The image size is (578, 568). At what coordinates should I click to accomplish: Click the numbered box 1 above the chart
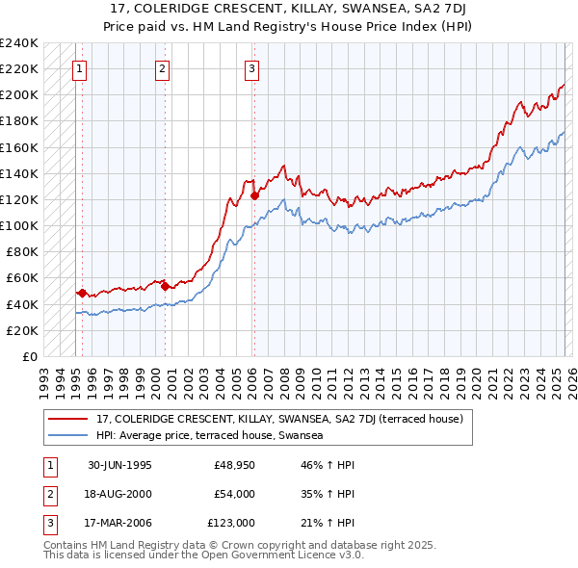tap(77, 68)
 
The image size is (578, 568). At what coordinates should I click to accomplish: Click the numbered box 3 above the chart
tap(250, 68)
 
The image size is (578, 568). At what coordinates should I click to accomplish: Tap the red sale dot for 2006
tap(254, 195)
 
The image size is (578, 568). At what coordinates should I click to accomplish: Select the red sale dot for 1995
tap(83, 292)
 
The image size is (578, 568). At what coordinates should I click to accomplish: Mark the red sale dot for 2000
tap(165, 285)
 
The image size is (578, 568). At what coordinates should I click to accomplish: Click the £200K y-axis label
tap(19, 95)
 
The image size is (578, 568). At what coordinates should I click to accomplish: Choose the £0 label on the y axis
tap(29, 356)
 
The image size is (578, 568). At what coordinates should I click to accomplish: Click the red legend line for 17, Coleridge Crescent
tap(68, 419)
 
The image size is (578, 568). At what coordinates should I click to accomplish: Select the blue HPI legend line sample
tap(68, 435)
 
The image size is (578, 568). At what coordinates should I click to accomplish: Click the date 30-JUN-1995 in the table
tap(119, 466)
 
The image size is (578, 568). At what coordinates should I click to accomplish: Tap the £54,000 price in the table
tap(234, 494)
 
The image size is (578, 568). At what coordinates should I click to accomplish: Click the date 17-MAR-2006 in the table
tap(119, 522)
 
